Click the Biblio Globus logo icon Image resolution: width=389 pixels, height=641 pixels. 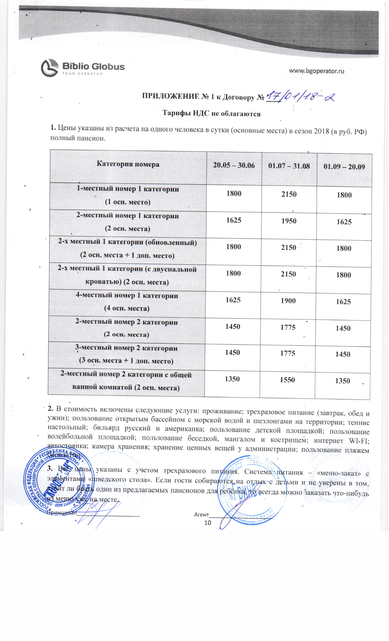click(x=49, y=68)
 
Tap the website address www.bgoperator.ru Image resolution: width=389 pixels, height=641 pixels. click(x=317, y=71)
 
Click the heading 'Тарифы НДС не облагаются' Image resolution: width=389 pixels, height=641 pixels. click(x=211, y=114)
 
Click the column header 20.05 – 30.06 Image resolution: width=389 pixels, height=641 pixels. click(x=234, y=165)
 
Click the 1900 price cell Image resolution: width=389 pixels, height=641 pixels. click(x=288, y=301)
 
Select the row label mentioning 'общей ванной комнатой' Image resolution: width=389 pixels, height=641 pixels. click(x=126, y=381)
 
